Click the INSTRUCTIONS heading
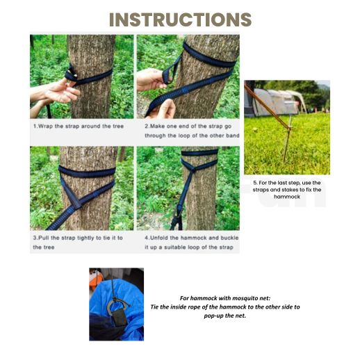click(x=180, y=19)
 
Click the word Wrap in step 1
click(x=46, y=126)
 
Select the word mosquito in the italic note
click(x=243, y=298)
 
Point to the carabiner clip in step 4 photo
click(x=179, y=212)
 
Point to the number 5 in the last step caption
click(x=254, y=183)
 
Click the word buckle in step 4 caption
click(x=229, y=238)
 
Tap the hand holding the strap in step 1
click(x=60, y=91)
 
